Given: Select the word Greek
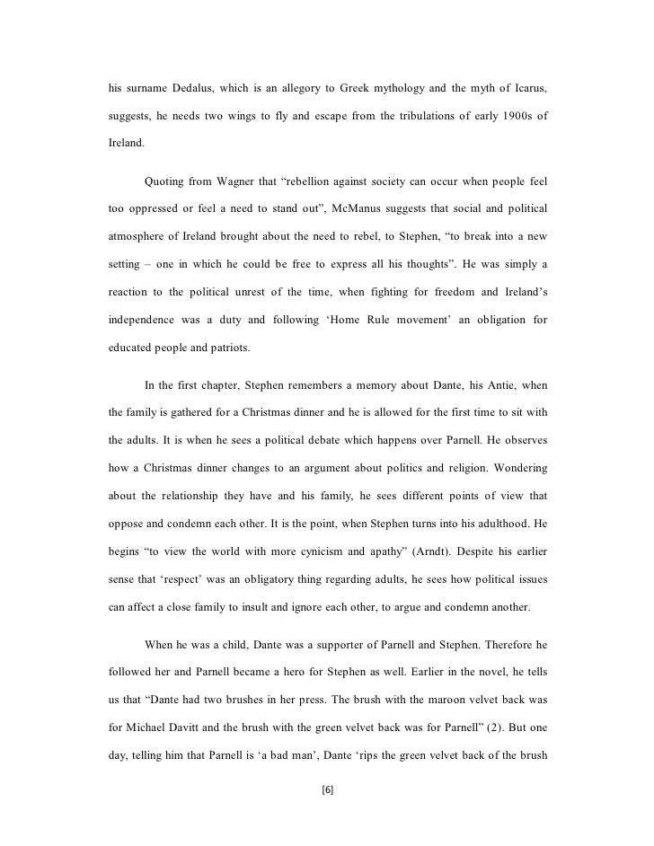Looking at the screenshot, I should click(x=358, y=91).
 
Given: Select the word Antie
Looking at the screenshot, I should click(x=464, y=388).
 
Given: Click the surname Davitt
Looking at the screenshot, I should click(x=202, y=699).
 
